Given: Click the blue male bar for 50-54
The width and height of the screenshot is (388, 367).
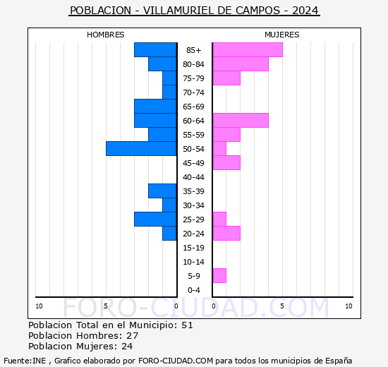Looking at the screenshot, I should point(141,148).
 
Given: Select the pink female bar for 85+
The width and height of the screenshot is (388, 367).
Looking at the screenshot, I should point(247,49).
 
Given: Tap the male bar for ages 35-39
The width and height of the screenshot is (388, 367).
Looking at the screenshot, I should point(162,191).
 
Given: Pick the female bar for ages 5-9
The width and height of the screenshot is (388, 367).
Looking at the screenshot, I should point(219,275).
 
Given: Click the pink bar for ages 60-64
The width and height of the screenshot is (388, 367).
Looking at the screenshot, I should point(240,120).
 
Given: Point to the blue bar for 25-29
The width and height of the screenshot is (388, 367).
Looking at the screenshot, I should point(155,219).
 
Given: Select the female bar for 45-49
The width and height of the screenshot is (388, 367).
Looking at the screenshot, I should point(226,162).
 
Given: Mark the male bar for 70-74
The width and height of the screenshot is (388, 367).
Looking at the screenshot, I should point(169,92).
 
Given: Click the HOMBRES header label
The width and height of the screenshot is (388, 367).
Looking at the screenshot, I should point(106,35).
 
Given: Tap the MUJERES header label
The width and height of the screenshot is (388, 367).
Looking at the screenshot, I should point(281,35).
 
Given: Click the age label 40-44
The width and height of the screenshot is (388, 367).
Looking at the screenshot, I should point(193,177).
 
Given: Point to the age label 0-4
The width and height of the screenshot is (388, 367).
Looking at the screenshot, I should point(193,290).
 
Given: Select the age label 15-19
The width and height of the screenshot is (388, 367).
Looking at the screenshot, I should point(193,248).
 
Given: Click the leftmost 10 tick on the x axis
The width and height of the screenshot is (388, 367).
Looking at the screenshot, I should point(39,306).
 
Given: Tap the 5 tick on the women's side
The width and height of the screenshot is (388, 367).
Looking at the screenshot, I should point(281,306).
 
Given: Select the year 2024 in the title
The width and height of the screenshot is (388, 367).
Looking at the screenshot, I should point(305,11).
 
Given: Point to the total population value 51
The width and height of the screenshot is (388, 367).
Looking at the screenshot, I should point(187,325).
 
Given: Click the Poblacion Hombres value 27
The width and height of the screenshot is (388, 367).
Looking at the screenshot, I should point(132,336).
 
